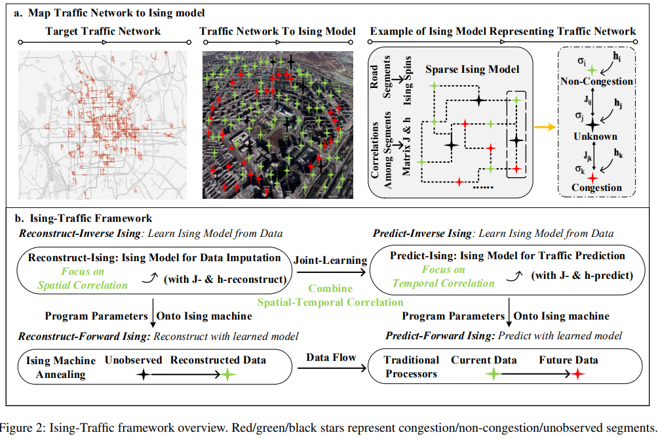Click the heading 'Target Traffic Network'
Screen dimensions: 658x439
coord(103,31)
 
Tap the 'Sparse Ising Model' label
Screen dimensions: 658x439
coord(472,69)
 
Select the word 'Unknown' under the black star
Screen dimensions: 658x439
coord(594,136)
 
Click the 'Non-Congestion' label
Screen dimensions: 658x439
coord(596,81)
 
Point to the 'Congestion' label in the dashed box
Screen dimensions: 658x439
coord(596,188)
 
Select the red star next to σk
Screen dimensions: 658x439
coord(592,176)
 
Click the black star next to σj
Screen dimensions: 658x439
coord(592,123)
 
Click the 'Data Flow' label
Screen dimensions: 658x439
coord(331,358)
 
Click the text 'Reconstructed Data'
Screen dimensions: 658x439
coord(218,360)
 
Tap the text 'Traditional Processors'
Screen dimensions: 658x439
coord(411,367)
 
